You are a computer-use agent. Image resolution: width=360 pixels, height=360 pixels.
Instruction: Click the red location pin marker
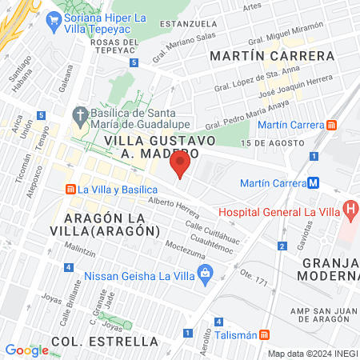click(x=181, y=165)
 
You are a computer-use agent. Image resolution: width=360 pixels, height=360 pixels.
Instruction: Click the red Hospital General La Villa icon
click(x=350, y=210)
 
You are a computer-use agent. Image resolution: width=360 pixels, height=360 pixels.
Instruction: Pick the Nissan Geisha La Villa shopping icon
click(x=206, y=274)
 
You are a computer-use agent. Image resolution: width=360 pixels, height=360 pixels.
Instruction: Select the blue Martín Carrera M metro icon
click(x=314, y=182)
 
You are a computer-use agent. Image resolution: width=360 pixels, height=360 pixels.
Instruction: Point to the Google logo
click(x=26, y=350)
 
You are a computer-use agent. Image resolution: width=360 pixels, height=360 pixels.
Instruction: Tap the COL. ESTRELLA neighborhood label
click(x=105, y=342)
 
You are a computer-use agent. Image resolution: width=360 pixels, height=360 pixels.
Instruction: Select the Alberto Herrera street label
click(x=174, y=207)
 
